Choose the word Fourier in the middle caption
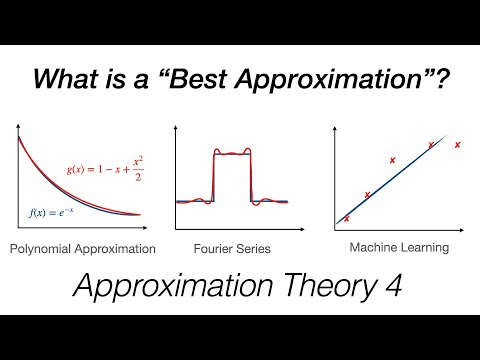pyautogui.click(x=215, y=247)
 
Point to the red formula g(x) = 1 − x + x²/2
pyautogui.click(x=110, y=173)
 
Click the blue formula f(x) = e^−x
pyautogui.click(x=54, y=211)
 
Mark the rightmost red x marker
pyautogui.click(x=457, y=145)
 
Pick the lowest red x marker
pyautogui.click(x=347, y=218)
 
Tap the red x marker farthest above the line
pyautogui.click(x=392, y=160)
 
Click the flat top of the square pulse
pyautogui.click(x=232, y=153)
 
